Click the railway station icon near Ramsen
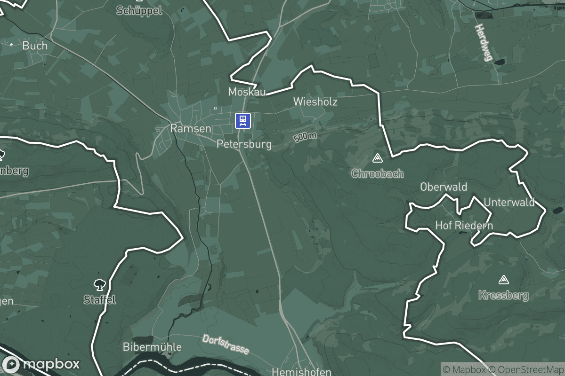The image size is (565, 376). (x=243, y=120)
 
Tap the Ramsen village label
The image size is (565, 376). (x=190, y=128)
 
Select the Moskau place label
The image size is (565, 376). (x=247, y=92)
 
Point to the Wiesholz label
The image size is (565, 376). (x=315, y=102)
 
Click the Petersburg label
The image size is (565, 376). (x=244, y=144)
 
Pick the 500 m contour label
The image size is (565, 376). (x=305, y=137)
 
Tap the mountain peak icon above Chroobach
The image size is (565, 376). (x=377, y=158)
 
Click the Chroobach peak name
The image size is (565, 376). (x=378, y=174)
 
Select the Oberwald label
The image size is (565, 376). (x=444, y=187)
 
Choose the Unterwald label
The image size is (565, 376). (x=509, y=203)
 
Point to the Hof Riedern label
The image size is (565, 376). (x=464, y=226)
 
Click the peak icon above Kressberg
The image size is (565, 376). (x=504, y=280)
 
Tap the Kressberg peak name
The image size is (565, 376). (x=503, y=296)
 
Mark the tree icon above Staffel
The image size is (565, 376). (x=99, y=284)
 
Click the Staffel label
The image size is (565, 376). (x=99, y=300)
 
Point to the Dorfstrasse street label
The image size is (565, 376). (x=226, y=345)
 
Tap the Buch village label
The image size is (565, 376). (x=35, y=46)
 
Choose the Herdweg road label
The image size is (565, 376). (x=483, y=43)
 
